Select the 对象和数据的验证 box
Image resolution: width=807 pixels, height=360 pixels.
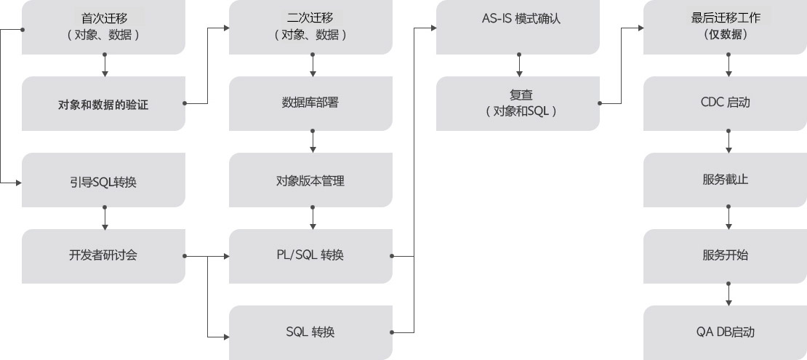[104, 104]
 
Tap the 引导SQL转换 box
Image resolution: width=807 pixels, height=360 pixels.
[104, 180]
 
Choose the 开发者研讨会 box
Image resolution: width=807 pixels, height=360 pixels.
[104, 256]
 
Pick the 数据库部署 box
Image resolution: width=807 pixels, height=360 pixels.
[310, 103]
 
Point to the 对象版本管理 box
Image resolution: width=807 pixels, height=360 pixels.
[310, 180]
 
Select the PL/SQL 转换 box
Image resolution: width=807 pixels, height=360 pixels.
[310, 256]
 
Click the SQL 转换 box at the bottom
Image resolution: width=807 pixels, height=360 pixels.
[310, 332]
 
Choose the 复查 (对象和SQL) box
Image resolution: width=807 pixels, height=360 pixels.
[518, 103]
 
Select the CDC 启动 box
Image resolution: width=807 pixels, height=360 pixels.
[726, 103]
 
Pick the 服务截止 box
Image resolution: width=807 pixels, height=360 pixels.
[726, 180]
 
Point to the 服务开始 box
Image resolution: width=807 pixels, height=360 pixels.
[726, 256]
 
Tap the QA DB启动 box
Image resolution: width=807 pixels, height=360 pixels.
[726, 332]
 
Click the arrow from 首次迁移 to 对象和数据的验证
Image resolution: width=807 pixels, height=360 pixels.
[105, 65]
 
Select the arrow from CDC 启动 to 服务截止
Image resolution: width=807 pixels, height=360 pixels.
[728, 142]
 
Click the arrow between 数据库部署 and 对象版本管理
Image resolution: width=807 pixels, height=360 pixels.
[313, 142]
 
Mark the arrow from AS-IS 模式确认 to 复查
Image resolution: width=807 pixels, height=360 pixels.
[519, 65]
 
